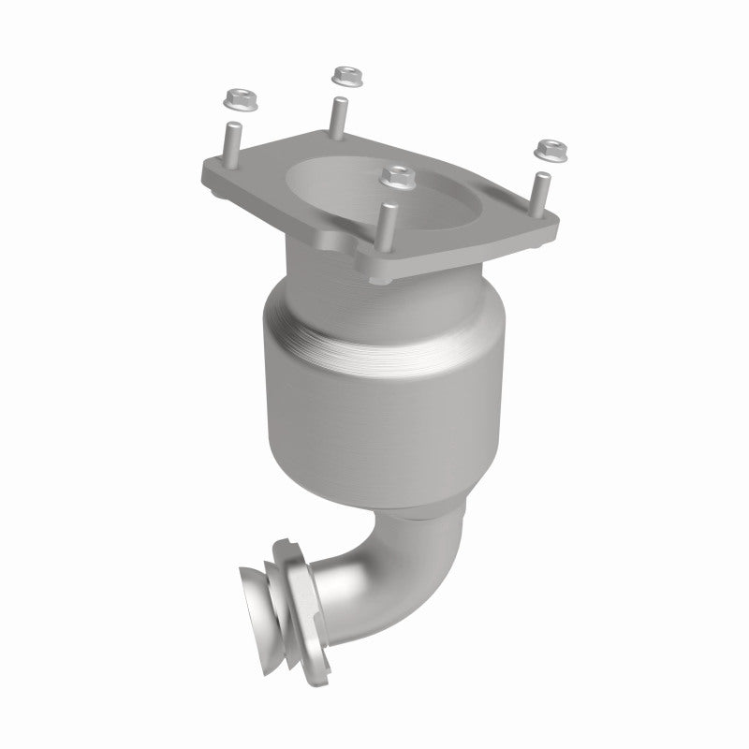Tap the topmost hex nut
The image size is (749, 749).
[346, 72]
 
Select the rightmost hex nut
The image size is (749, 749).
[548, 147]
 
